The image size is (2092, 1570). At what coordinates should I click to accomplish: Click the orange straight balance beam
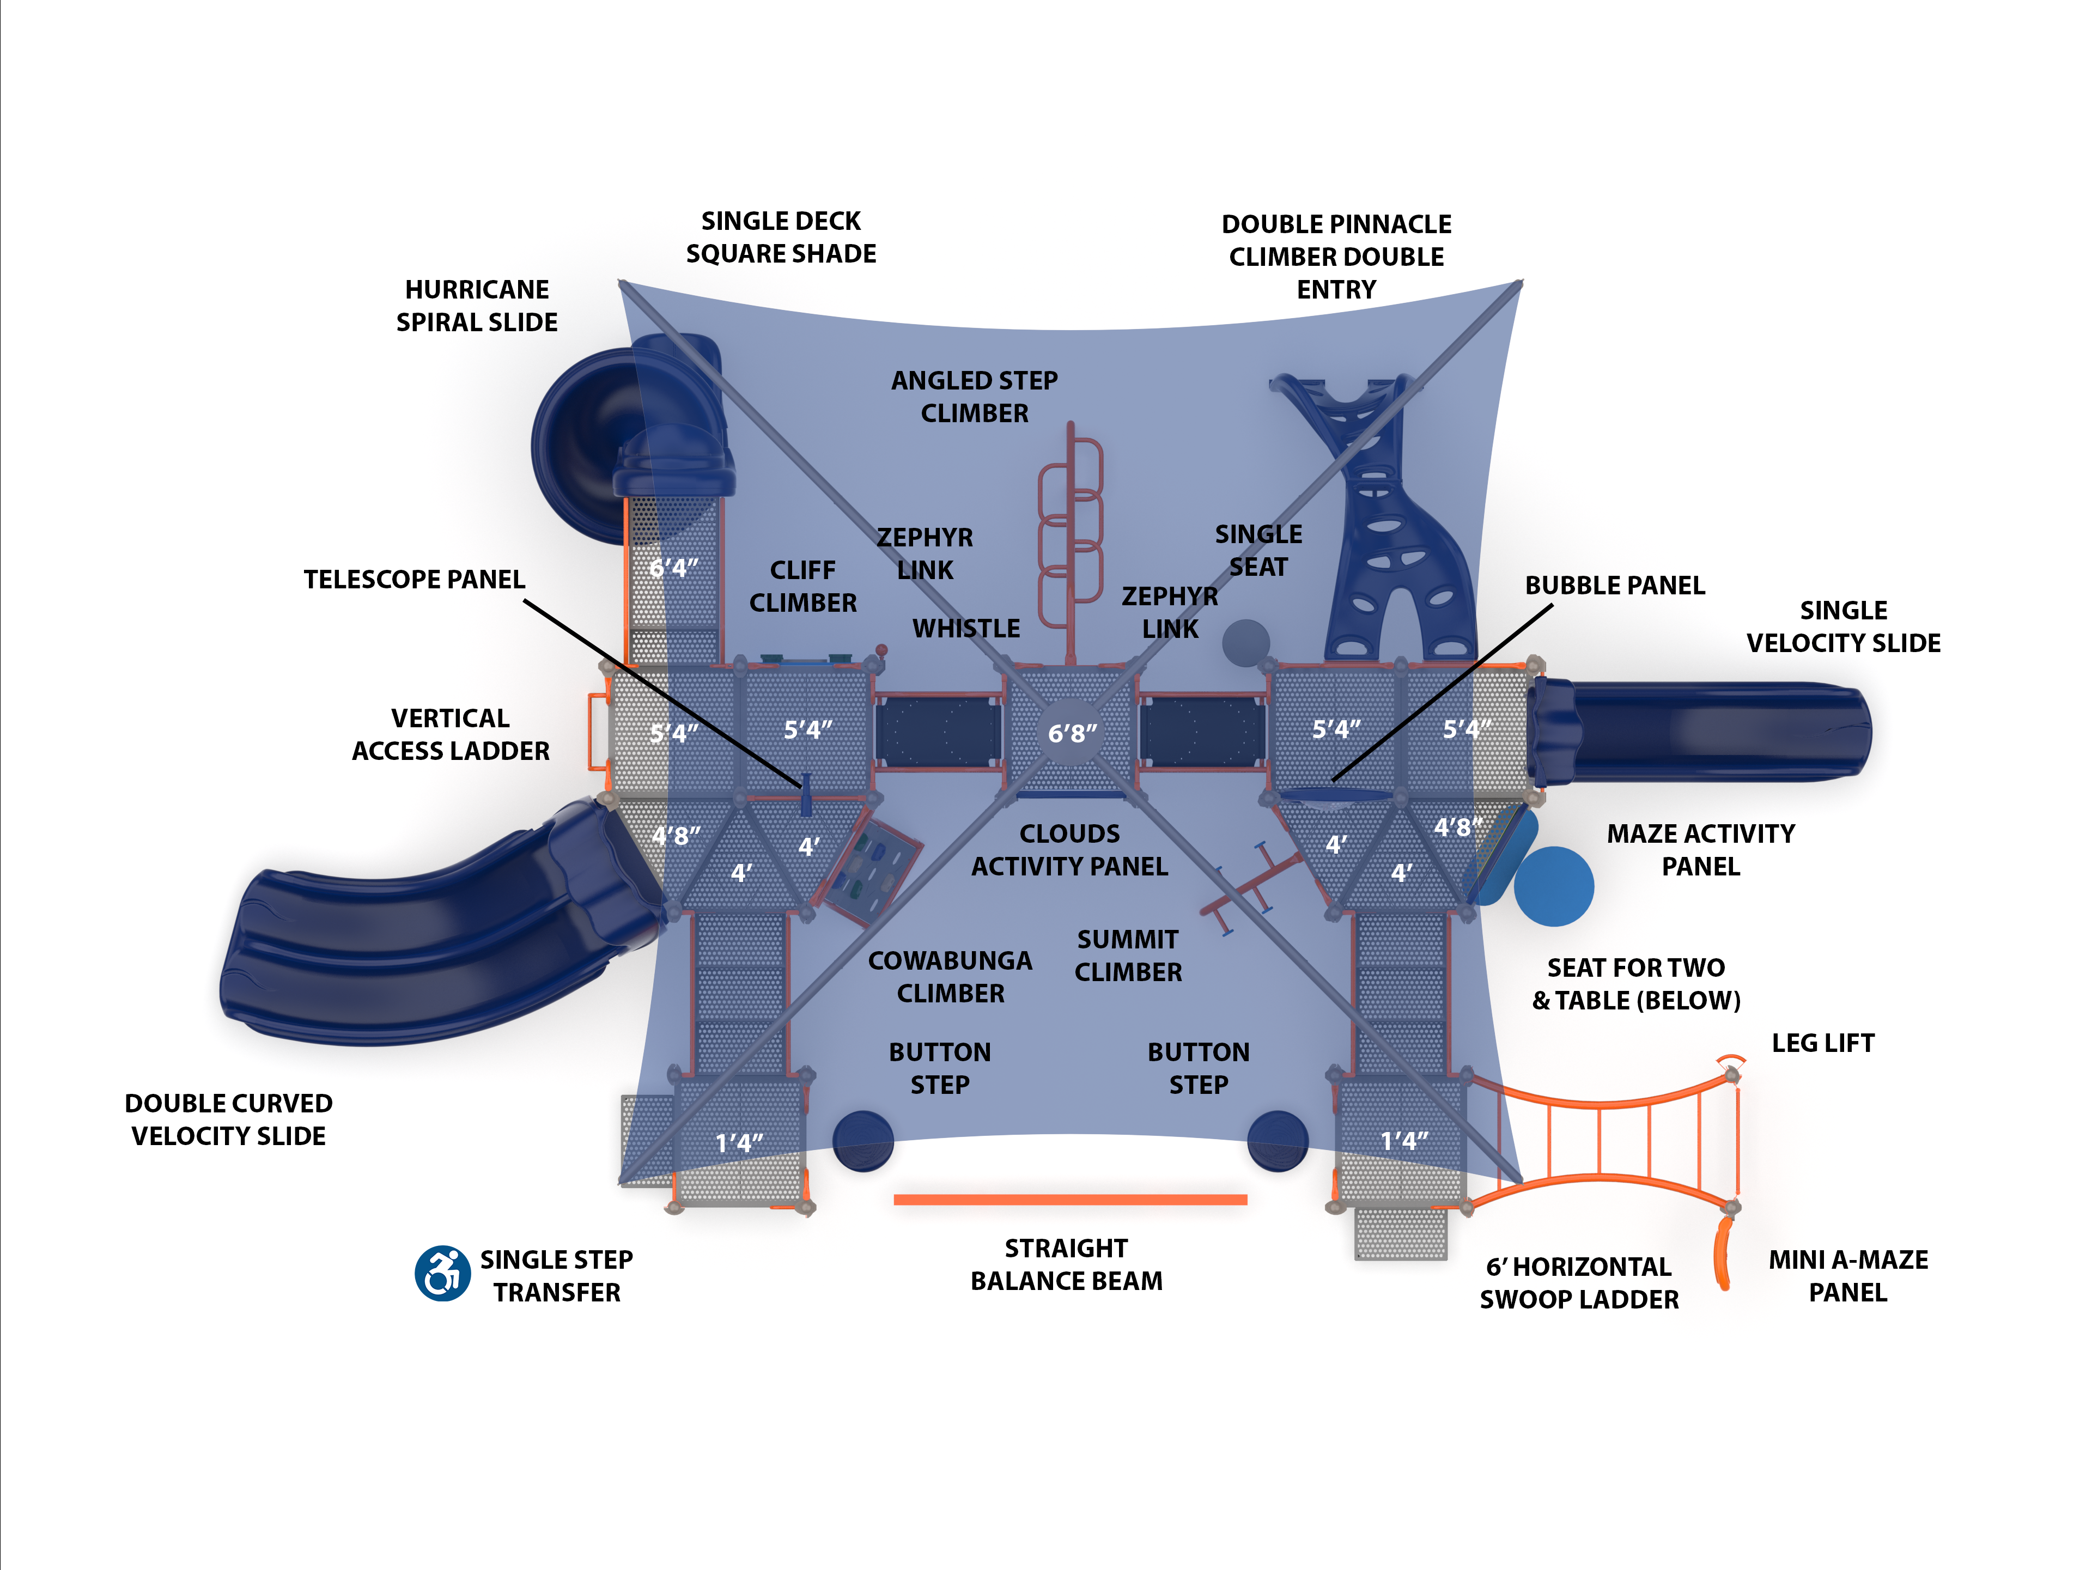[x=1069, y=1199]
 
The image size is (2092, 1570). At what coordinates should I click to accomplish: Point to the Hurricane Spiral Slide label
[x=477, y=306]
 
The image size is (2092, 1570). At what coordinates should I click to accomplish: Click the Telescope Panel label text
[x=413, y=579]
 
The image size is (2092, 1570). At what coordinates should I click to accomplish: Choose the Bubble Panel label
[x=1614, y=586]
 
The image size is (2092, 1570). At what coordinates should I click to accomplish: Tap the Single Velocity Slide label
[x=1842, y=626]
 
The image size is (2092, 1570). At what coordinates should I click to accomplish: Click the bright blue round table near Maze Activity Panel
[x=1553, y=886]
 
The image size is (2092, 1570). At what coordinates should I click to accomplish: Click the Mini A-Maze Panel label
[x=1847, y=1276]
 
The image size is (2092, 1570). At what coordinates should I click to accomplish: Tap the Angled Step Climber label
[x=974, y=396]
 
